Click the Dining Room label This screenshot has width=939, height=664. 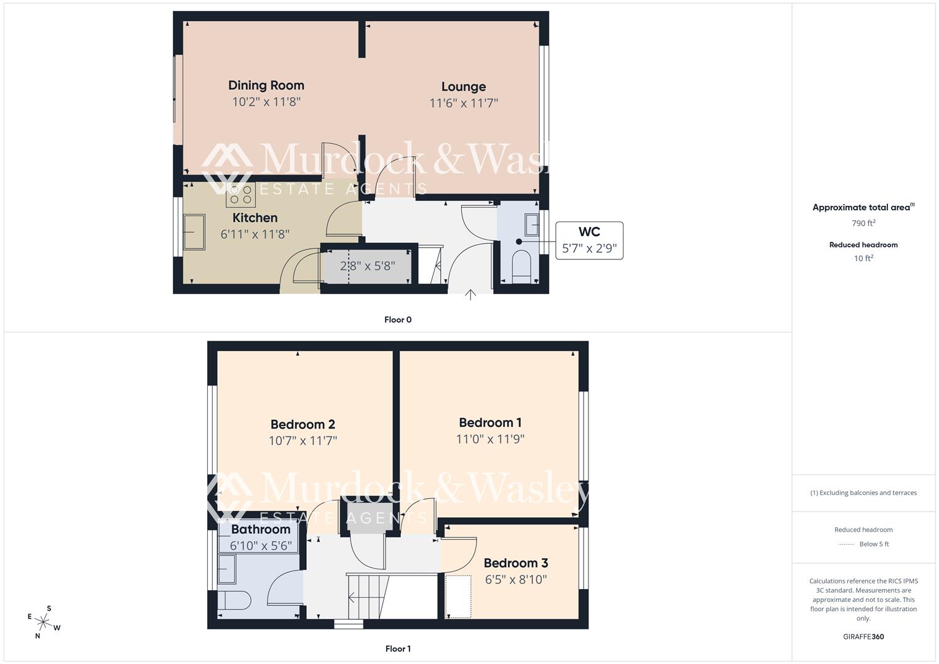[266, 85]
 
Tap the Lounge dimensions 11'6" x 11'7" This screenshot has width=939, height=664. [464, 103]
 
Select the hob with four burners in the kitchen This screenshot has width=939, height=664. [240, 195]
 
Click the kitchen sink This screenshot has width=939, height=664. [195, 232]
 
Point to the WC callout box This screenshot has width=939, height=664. [589, 240]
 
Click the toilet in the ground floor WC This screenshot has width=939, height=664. [521, 266]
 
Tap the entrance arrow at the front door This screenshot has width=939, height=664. [470, 294]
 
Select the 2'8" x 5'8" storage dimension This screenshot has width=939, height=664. [367, 266]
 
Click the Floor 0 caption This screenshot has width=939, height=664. [398, 320]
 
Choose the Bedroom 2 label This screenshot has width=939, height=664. [303, 424]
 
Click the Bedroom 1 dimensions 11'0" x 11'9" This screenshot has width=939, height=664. [490, 439]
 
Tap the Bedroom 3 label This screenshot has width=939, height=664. [515, 563]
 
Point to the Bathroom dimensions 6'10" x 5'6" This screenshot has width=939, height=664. [261, 545]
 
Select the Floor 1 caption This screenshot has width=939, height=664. [398, 649]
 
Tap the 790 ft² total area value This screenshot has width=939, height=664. [863, 223]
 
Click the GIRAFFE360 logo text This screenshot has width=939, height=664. [863, 636]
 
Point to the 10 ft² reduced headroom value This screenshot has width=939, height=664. [863, 258]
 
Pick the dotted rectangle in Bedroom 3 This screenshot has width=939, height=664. [458, 596]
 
